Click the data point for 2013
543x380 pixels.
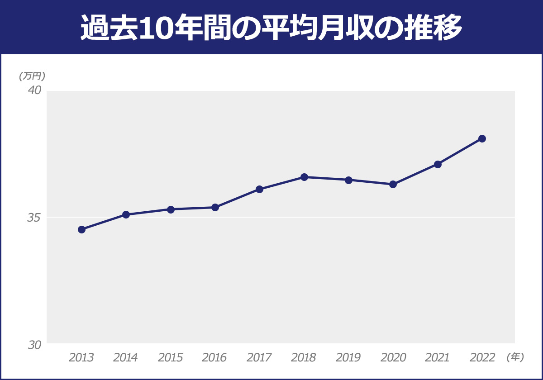coord(81,229)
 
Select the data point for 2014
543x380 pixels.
coord(126,214)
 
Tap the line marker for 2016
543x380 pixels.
coord(215,207)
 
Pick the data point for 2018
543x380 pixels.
coord(304,177)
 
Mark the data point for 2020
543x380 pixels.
coord(393,184)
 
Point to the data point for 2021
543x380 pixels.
coord(438,164)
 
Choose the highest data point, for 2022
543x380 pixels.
coord(482,138)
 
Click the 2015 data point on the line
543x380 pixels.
coord(171,209)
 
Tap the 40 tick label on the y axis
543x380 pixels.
coord(34,90)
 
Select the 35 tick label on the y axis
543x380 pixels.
coord(34,218)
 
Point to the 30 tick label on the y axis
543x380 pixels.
coord(34,345)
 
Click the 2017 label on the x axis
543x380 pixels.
coord(259,358)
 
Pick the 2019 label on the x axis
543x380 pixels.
coord(348,358)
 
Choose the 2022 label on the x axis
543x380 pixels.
coord(482,358)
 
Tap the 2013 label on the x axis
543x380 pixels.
coord(81,358)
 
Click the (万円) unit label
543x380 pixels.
coord(33,76)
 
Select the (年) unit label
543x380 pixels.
coord(515,357)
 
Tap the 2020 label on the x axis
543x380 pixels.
coord(393,358)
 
